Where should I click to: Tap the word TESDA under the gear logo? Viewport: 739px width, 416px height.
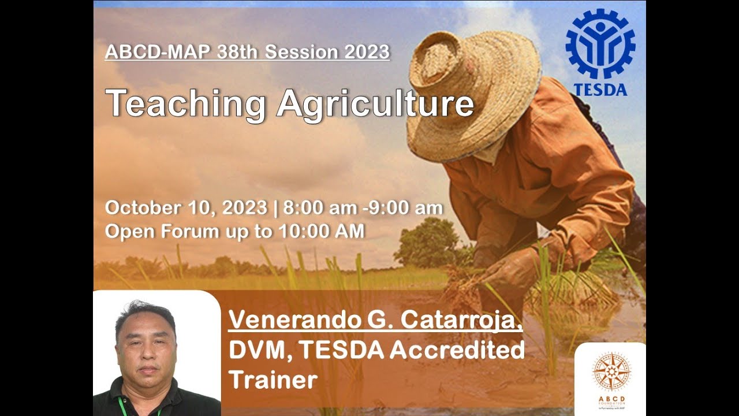click(600, 90)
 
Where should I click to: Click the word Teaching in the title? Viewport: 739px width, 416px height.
click(185, 104)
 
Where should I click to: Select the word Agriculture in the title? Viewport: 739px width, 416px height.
click(375, 104)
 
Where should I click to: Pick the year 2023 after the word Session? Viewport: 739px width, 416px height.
click(367, 52)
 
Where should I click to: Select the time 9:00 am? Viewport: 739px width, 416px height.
click(410, 208)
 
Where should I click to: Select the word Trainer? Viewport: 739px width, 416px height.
click(273, 380)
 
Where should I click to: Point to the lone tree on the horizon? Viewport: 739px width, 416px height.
click(427, 243)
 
